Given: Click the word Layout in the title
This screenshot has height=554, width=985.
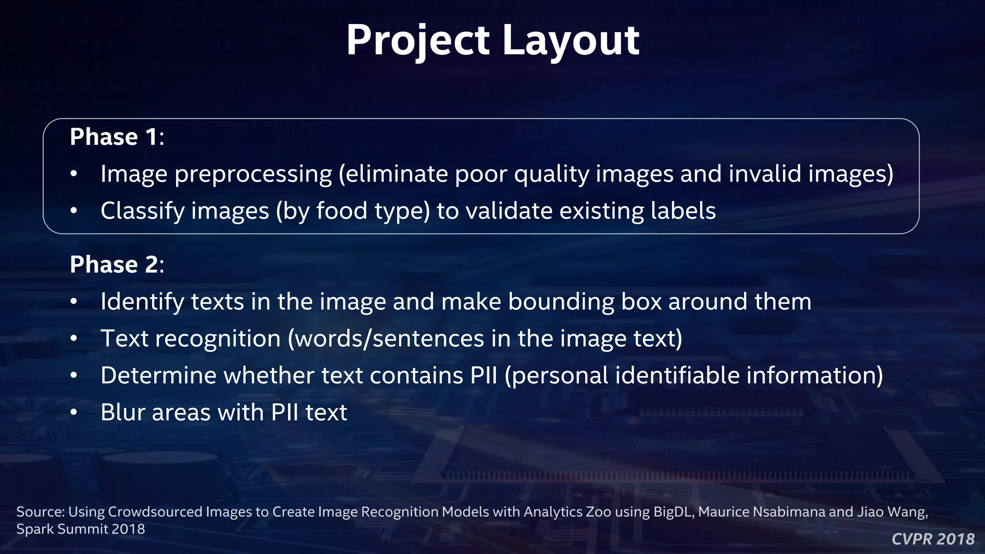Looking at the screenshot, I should click(x=570, y=40).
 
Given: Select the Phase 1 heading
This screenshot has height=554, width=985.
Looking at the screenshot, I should click(x=117, y=137).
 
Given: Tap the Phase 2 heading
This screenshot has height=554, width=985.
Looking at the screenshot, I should click(x=117, y=264).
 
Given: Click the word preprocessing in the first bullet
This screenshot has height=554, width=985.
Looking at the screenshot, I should click(x=253, y=174).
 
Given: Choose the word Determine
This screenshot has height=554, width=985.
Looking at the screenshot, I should click(x=158, y=376).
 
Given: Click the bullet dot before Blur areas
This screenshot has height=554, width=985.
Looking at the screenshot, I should click(x=74, y=413).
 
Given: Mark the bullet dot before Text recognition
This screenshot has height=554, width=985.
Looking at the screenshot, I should click(x=74, y=339).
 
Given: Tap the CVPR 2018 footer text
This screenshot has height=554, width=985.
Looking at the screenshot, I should click(x=933, y=539).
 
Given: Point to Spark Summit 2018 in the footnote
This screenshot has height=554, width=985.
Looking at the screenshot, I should click(x=80, y=529).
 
